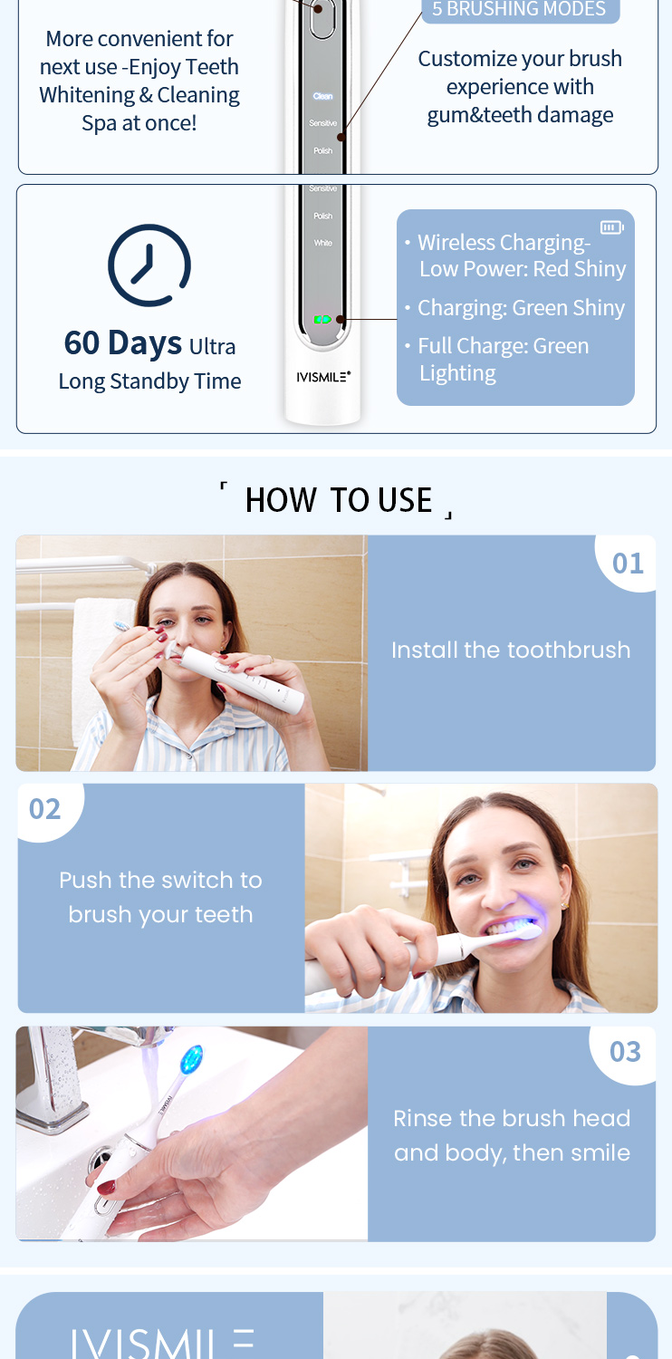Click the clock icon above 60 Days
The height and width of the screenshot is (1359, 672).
pos(149,265)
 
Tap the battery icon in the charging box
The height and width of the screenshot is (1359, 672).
pos(611,227)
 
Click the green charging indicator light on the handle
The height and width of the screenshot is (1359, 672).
pos(322,319)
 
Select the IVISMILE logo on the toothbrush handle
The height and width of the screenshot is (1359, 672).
pos(322,375)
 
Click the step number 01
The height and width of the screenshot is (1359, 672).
pos(628,564)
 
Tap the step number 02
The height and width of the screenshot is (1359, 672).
pos(45,808)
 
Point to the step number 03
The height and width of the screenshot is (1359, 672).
pos(625,1052)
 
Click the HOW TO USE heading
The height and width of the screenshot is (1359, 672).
pos(338,500)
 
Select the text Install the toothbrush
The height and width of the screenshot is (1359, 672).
pos(511,651)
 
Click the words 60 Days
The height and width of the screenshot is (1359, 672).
pos(122,343)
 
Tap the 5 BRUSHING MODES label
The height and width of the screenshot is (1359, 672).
pos(518,10)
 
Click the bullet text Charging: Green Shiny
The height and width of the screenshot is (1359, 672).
pos(521,308)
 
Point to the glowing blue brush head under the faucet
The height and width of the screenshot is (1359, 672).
pos(192,1059)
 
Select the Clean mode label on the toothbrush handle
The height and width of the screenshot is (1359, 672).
pos(322,96)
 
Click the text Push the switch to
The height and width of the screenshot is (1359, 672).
pos(160,881)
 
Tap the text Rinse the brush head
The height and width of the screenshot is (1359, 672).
pos(512,1119)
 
